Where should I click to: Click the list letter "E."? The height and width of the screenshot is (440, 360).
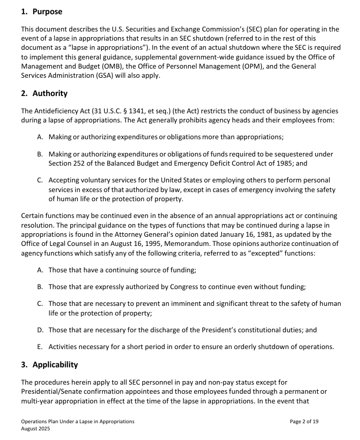click(x=40, y=347)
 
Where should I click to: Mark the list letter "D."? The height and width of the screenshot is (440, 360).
click(x=40, y=330)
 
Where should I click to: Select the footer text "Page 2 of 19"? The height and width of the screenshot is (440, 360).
click(x=304, y=422)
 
